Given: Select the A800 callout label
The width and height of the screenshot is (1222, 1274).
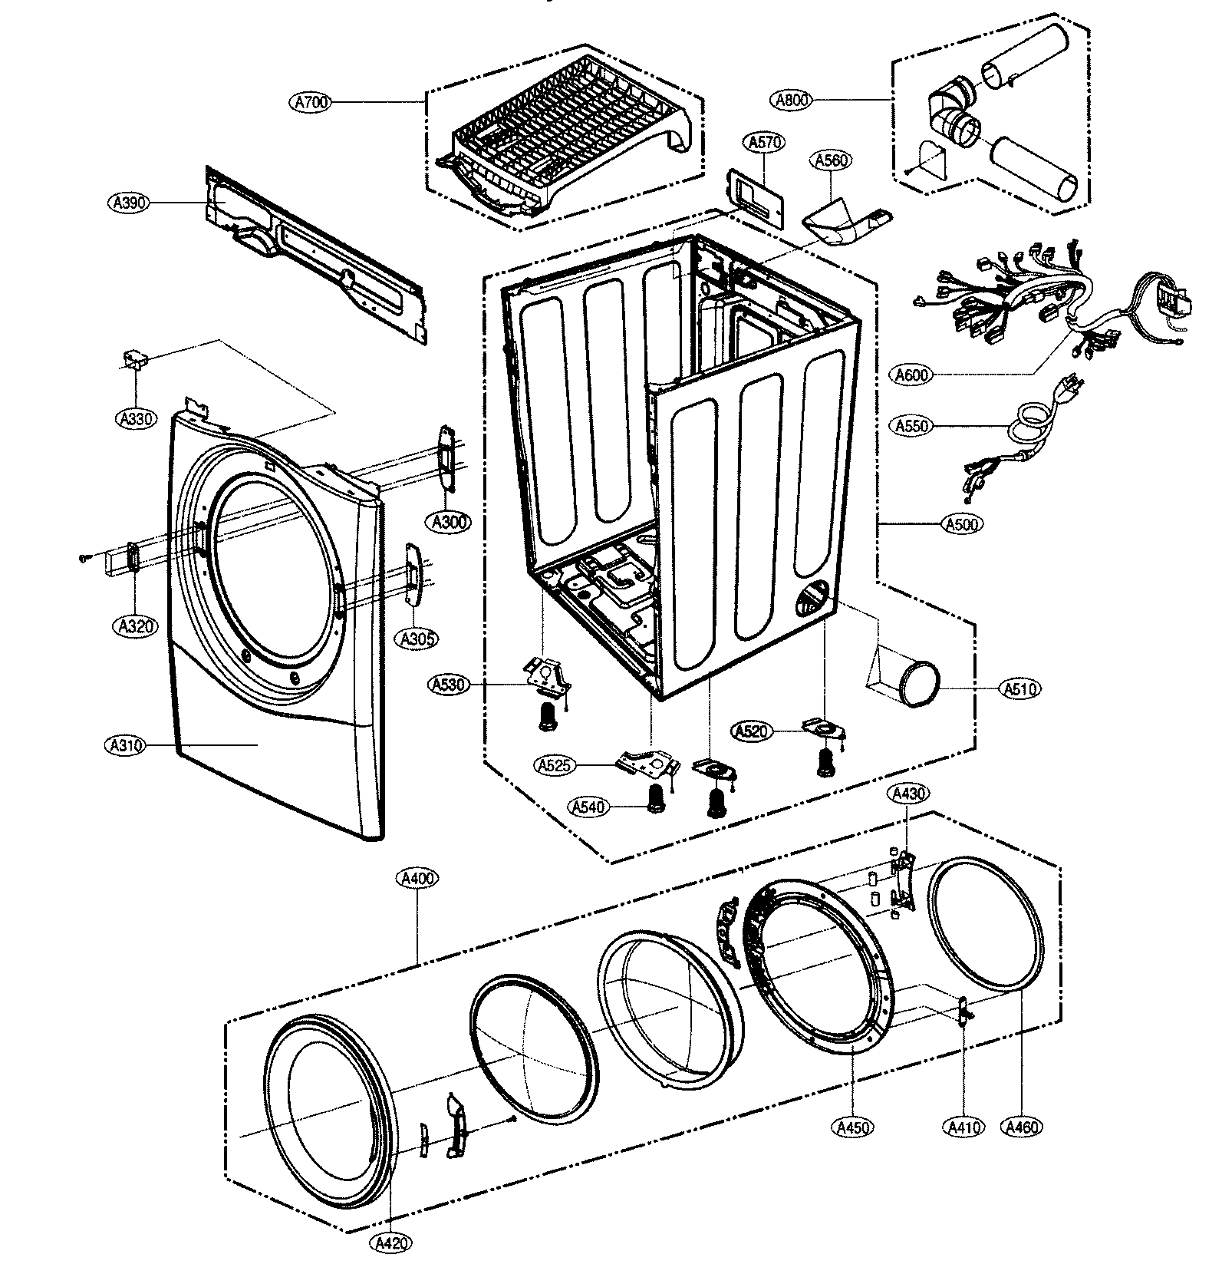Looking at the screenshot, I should pyautogui.click(x=792, y=100).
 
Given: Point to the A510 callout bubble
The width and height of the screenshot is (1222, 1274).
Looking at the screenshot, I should pyautogui.click(x=1021, y=689).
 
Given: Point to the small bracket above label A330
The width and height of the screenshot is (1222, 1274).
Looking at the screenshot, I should pyautogui.click(x=136, y=359).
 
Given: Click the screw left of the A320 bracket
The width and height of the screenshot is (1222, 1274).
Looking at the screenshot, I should pyautogui.click(x=83, y=559).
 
